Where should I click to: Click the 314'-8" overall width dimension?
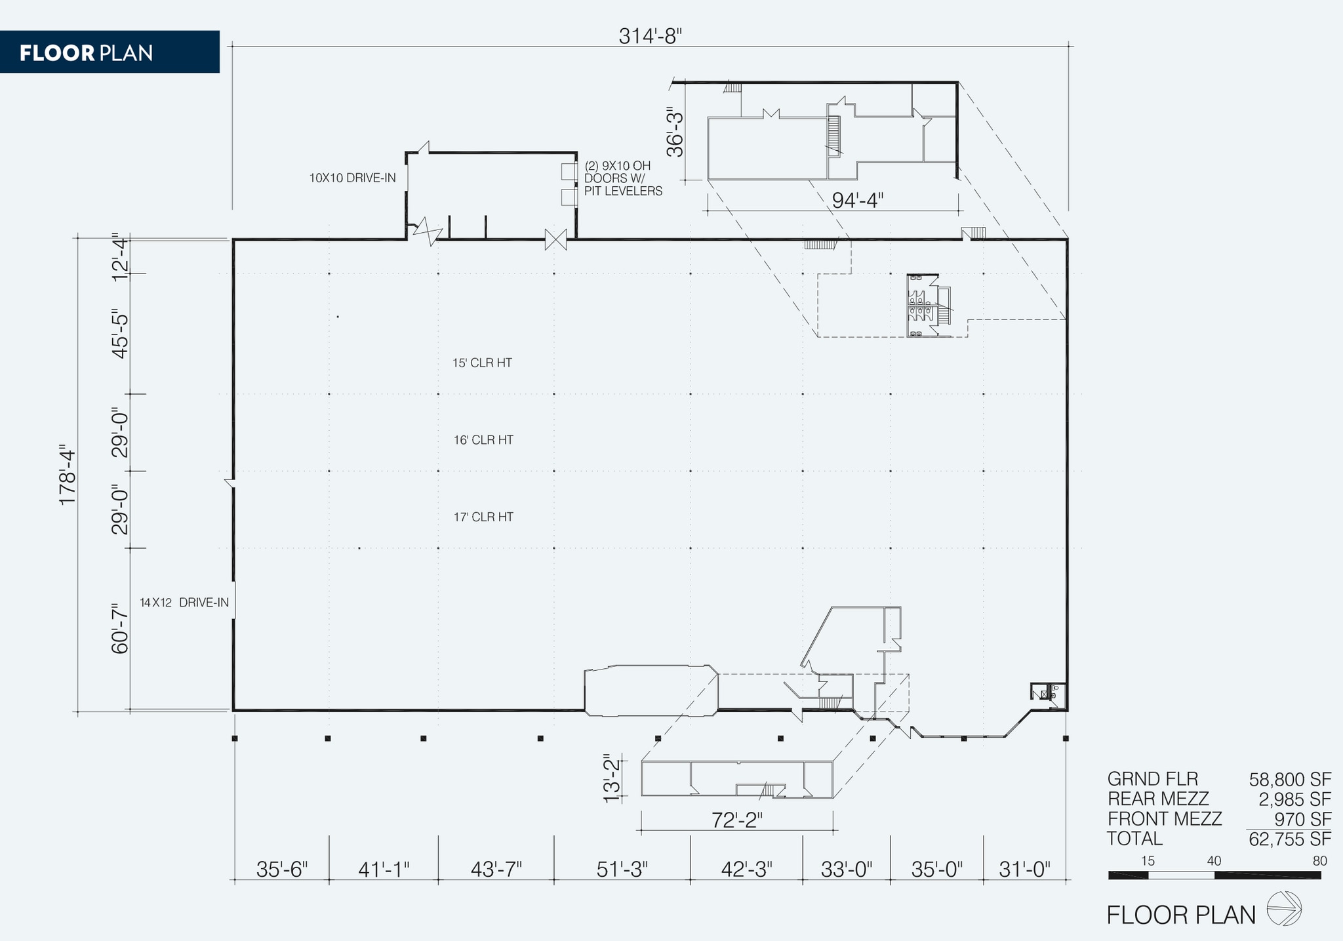click(650, 36)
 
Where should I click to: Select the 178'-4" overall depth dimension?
click(68, 477)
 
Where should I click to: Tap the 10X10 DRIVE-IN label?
click(352, 178)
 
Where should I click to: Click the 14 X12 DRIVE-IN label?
click(184, 603)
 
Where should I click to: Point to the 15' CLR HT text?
click(482, 363)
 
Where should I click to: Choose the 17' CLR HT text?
click(483, 517)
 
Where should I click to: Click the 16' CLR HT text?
click(483, 440)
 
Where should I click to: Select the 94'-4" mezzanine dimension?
click(857, 200)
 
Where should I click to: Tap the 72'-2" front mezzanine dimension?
click(737, 820)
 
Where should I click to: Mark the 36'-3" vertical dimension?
click(675, 132)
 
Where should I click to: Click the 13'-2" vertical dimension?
click(611, 778)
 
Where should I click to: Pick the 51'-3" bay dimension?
click(622, 870)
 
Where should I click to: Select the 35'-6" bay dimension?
click(281, 870)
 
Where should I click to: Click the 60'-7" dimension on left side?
click(120, 628)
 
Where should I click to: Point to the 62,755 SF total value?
click(1289, 839)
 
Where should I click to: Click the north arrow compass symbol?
click(1283, 909)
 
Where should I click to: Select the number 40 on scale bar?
click(1214, 861)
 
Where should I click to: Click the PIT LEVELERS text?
click(623, 191)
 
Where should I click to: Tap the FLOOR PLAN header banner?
click(109, 52)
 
